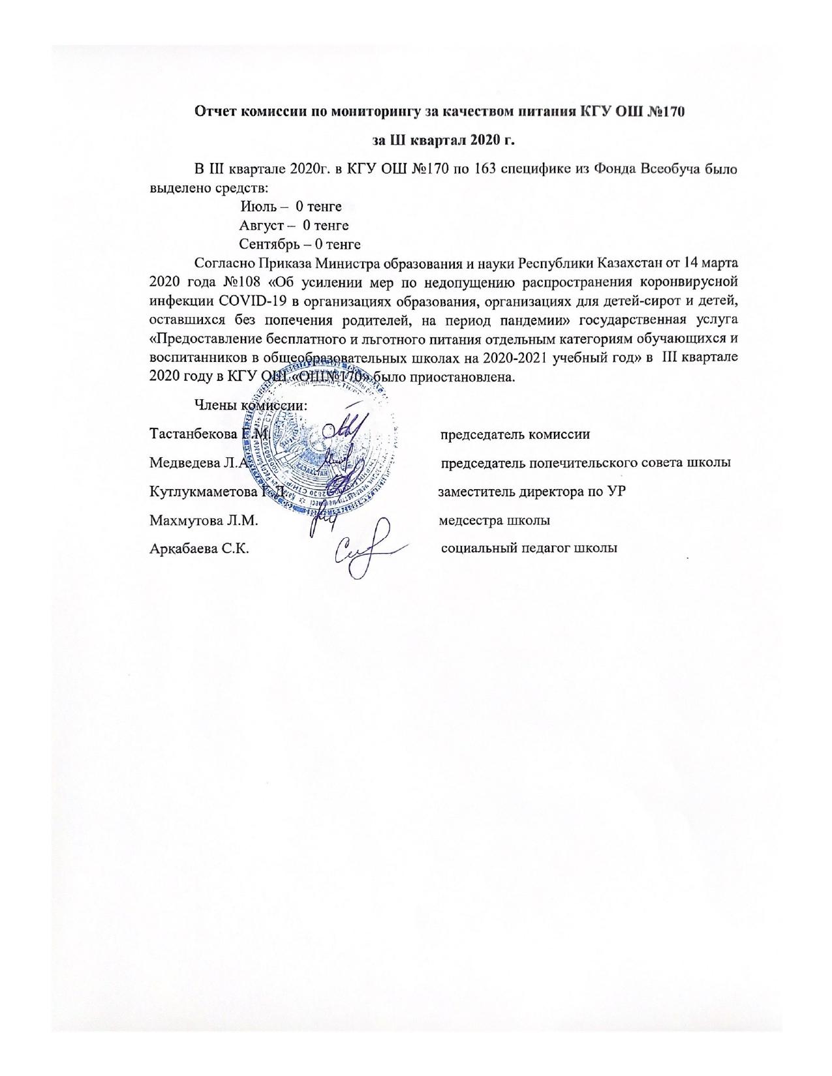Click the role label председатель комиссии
515,434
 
